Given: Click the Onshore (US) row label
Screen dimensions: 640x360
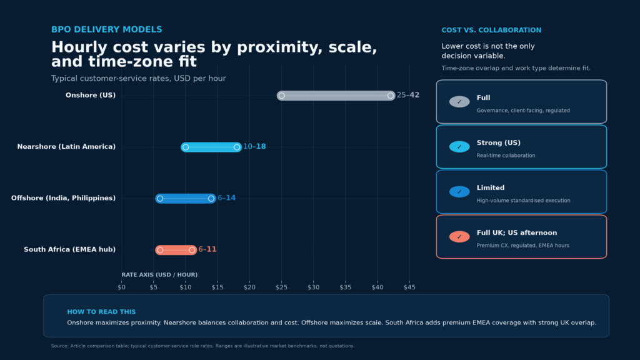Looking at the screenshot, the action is click(x=91, y=95).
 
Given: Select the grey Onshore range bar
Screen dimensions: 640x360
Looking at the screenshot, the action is click(x=336, y=96).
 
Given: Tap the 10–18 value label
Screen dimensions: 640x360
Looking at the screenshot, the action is click(x=254, y=146).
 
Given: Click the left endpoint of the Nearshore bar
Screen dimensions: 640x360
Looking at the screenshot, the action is click(x=185, y=147).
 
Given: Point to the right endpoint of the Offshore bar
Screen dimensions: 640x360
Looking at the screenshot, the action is click(x=211, y=198).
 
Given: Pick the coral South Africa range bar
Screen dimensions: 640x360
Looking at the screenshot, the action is click(x=176, y=250).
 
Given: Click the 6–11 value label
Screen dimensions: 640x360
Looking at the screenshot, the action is click(x=207, y=249).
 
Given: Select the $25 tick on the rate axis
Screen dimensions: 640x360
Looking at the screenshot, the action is click(x=282, y=287).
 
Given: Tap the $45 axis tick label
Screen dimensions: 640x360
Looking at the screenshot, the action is click(x=409, y=287).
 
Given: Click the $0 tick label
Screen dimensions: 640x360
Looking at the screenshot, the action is click(x=122, y=287).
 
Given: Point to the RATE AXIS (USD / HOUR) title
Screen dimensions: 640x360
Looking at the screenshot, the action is click(x=159, y=275).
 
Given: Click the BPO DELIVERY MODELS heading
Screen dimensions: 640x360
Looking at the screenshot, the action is click(x=106, y=29).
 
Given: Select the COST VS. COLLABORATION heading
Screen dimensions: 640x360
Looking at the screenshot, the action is click(x=491, y=30).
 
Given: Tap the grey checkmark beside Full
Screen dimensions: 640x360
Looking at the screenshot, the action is click(x=459, y=102).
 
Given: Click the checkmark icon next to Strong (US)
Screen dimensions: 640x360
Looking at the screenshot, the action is click(x=459, y=146).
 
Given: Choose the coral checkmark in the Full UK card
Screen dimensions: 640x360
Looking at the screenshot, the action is click(x=459, y=237).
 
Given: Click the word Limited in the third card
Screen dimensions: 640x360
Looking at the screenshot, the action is click(x=491, y=187).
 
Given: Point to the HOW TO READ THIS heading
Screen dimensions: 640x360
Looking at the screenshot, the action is click(x=101, y=312).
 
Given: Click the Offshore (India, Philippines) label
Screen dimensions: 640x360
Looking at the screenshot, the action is click(x=63, y=198).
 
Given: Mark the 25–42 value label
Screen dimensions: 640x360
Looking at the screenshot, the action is click(x=408, y=95).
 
